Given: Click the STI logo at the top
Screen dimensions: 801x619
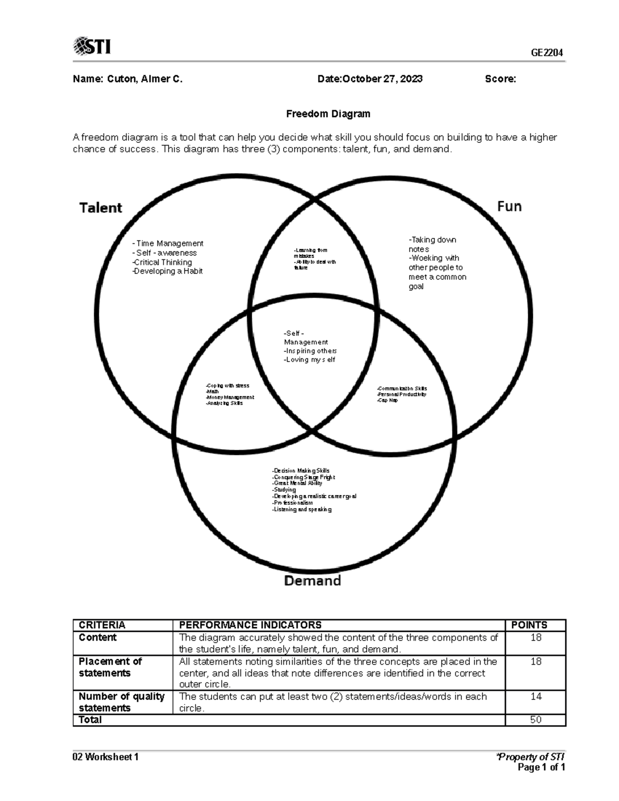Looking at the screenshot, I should coord(92,46).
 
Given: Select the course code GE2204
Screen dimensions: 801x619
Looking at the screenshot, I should coord(547,53).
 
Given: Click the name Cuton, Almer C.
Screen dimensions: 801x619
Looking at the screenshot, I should coord(145,79).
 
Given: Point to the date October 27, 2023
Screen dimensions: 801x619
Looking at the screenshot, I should coord(382,79).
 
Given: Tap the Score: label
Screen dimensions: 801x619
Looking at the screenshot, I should coord(500,79).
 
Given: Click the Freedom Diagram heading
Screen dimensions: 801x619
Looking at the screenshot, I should coord(328,113).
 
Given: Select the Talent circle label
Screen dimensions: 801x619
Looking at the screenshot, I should coord(101,208).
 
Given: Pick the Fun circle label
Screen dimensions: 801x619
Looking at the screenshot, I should coord(509,206).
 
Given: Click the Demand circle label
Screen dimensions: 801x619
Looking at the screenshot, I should coord(313,581).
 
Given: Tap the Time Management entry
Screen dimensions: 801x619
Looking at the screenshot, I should coord(169,243).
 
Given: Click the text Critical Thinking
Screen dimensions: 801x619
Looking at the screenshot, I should coord(162,262).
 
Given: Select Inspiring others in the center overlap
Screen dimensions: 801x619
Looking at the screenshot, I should coord(311,351).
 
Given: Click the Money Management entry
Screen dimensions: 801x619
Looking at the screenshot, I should coord(230,397).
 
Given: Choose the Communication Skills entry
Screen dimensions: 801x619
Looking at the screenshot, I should coord(402,388).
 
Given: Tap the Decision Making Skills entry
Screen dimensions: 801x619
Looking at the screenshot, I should coord(301,470).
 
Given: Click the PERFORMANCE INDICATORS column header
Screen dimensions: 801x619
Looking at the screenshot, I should coord(250,625).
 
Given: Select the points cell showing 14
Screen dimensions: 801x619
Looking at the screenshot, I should coord(535,696).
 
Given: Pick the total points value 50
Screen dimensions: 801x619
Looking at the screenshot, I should coord(535,720).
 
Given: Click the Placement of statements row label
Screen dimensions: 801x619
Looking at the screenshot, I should coord(110,667).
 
